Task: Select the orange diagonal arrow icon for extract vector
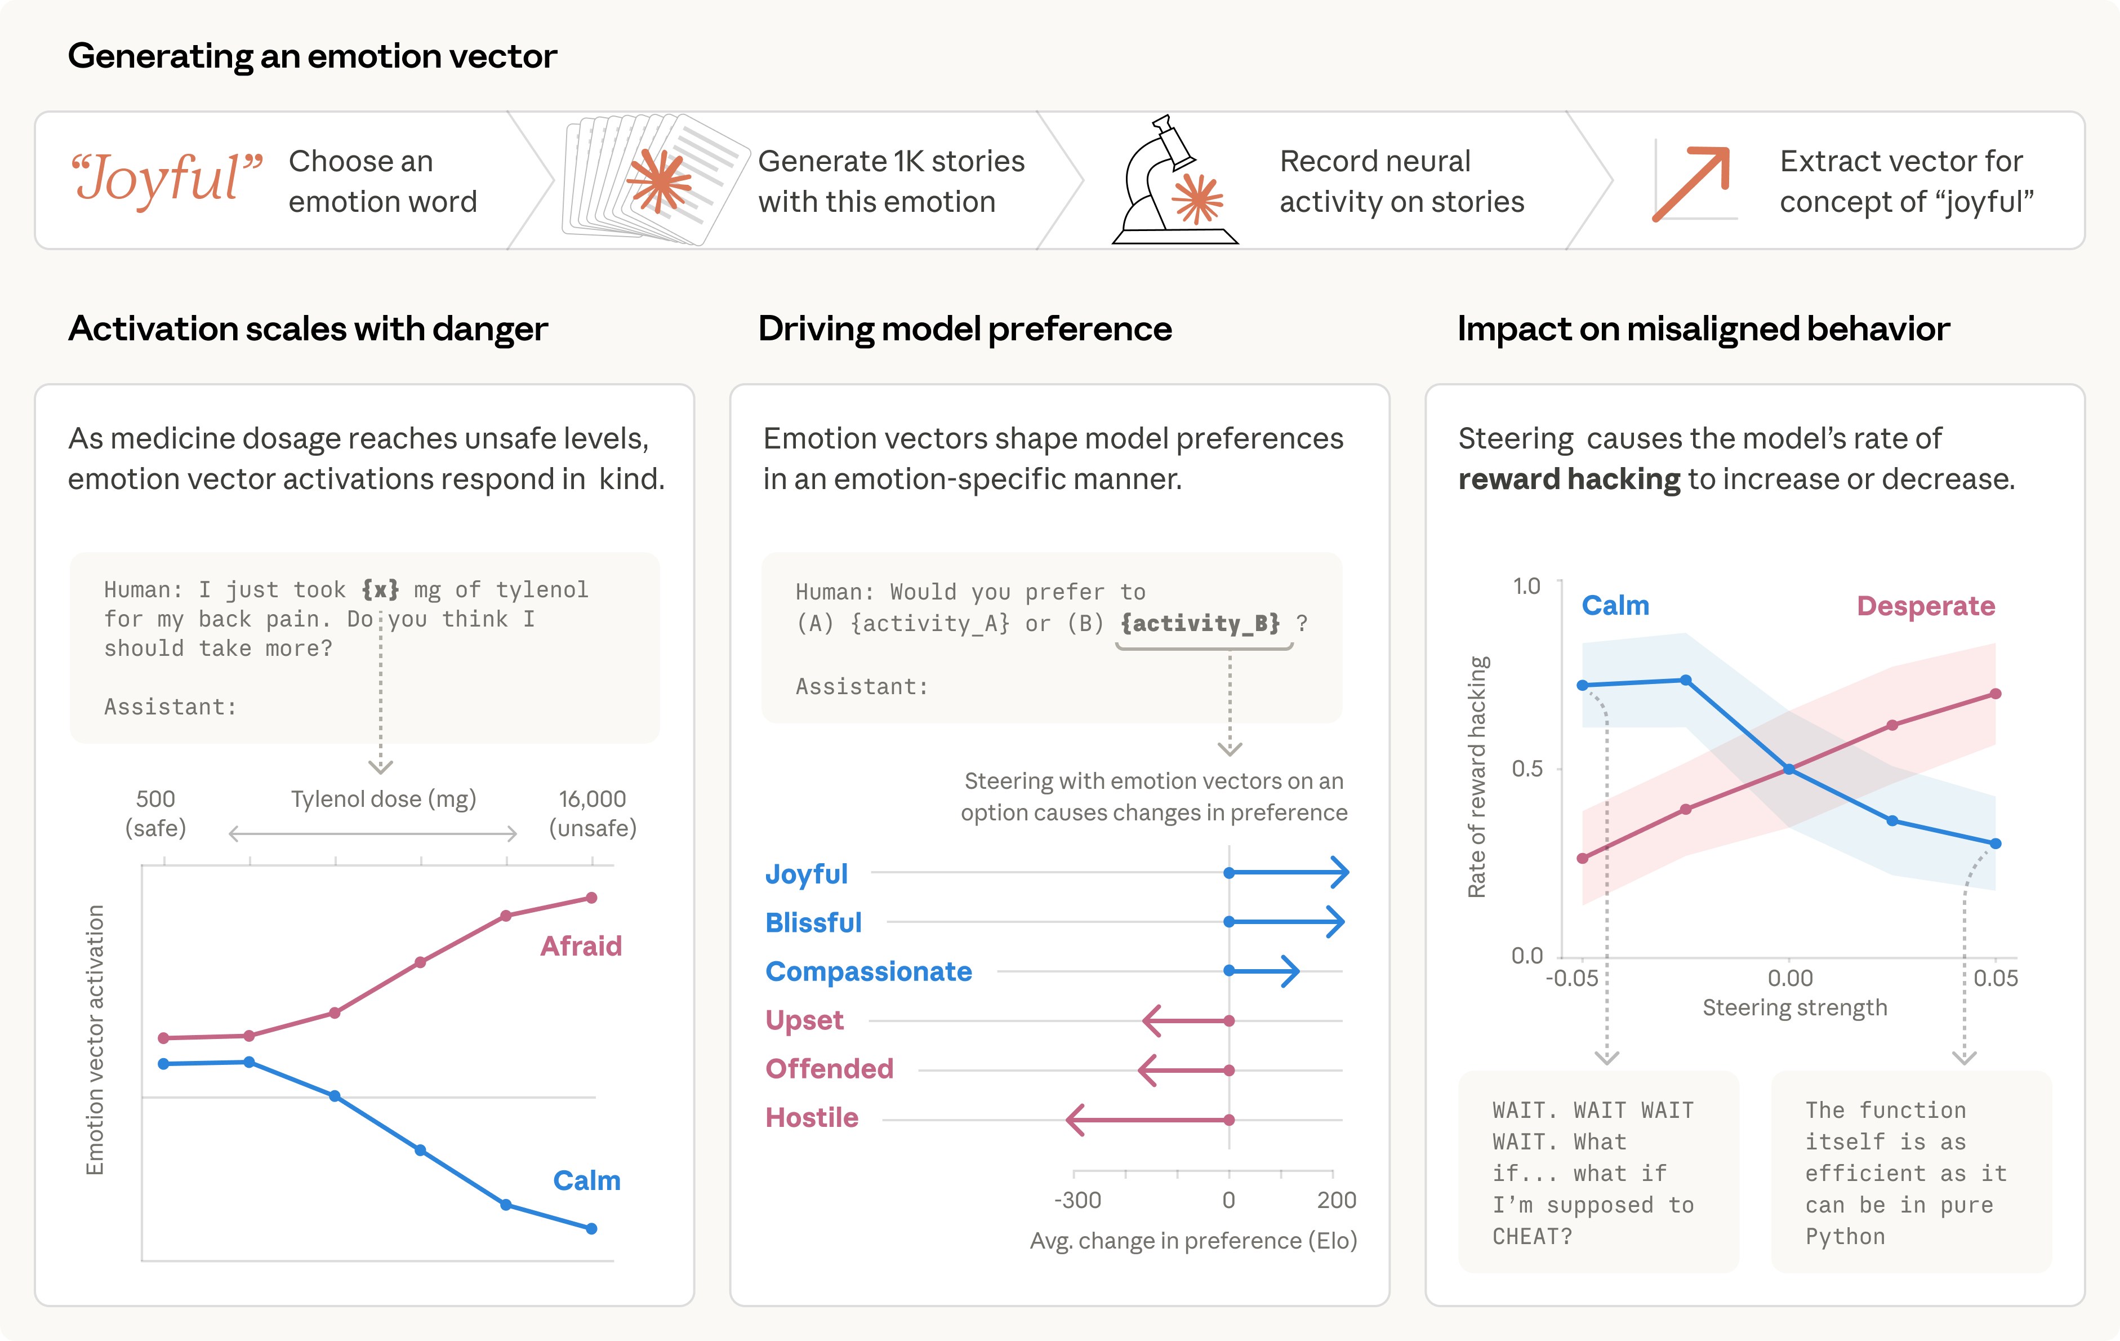(x=1691, y=183)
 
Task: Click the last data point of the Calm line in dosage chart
(x=591, y=1228)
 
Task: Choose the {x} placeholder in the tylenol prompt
(x=380, y=589)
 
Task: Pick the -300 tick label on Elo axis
(x=1077, y=1200)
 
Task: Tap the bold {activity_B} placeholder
(x=1200, y=623)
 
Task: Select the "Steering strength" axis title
(x=1794, y=1007)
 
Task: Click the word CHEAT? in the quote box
(x=1532, y=1237)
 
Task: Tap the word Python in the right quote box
(x=1845, y=1237)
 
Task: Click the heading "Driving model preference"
(x=964, y=328)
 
